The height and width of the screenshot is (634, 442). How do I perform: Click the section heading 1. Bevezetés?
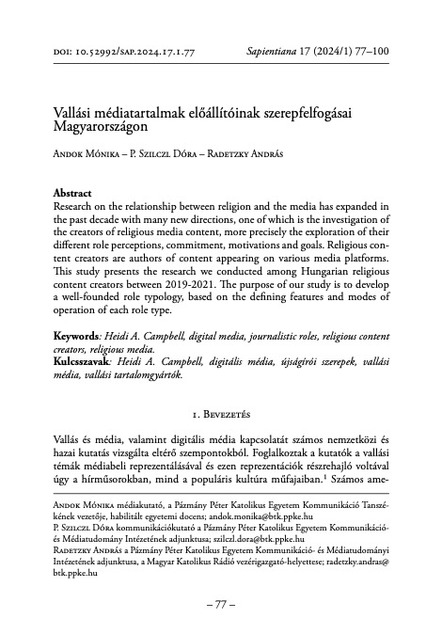(221, 410)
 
